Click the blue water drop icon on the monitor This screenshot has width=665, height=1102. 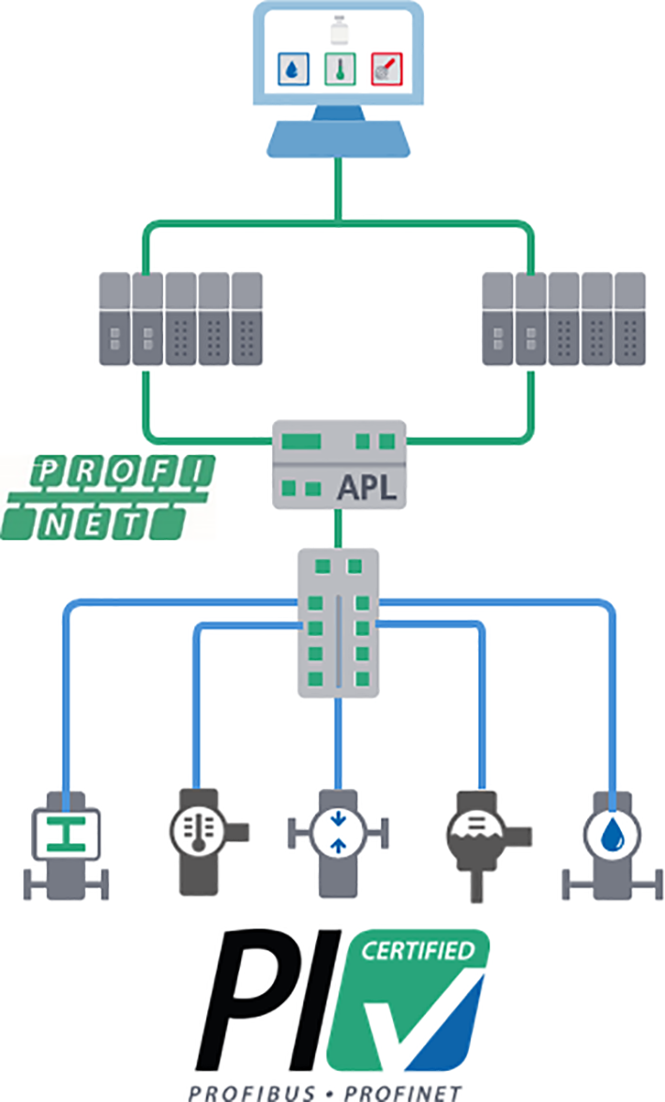tap(295, 68)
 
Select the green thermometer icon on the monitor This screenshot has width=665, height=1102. tap(339, 68)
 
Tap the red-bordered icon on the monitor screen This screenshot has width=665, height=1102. tap(383, 68)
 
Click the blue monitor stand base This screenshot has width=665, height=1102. tap(339, 140)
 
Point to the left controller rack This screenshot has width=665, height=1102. tap(182, 318)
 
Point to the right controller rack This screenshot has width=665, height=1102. tap(563, 318)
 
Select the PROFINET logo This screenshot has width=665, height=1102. tap(111, 497)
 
